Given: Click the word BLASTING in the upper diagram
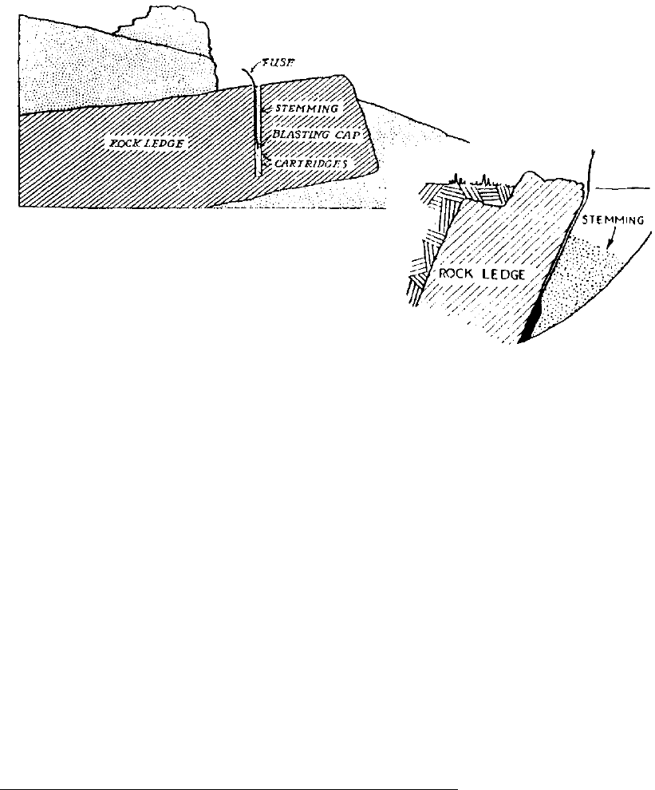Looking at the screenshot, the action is (306, 136).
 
